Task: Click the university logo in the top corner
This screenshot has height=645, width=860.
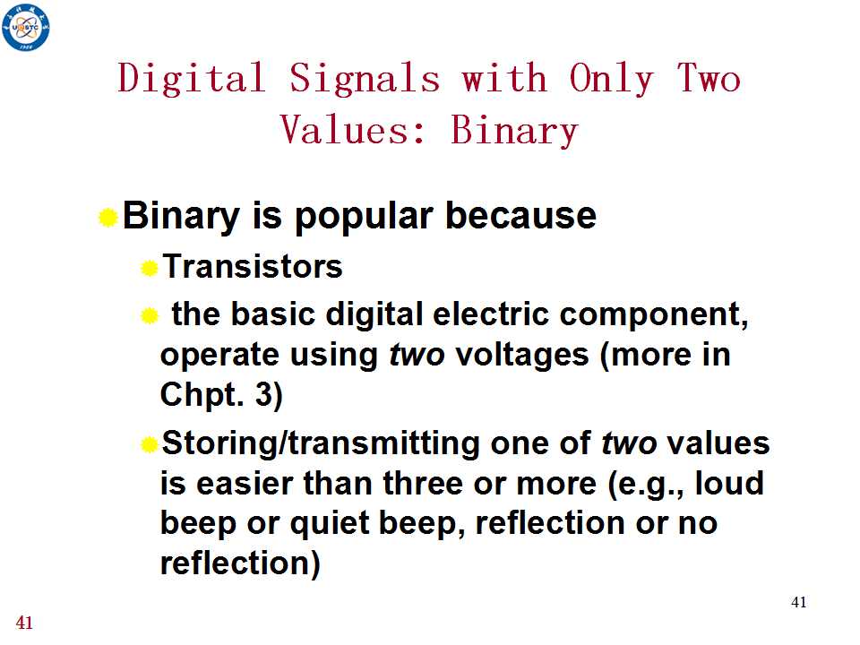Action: point(26,27)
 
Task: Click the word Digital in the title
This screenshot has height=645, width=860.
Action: point(192,79)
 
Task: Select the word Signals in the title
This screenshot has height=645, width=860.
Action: point(365,79)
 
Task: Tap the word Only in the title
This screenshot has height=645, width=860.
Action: point(611,79)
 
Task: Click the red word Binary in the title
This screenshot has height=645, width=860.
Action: point(514,131)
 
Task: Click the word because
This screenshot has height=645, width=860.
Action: point(520,215)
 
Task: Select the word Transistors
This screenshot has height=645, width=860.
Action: point(253,267)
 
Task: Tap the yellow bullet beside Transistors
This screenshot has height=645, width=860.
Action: point(150,268)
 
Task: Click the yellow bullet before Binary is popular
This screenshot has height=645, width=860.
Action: point(108,217)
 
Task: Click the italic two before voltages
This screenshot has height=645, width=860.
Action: point(417,355)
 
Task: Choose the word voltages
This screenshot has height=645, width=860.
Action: point(522,356)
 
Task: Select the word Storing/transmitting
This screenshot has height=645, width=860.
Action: point(321,443)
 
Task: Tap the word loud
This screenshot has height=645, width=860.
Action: point(729,483)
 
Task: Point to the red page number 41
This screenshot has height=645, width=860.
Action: point(24,623)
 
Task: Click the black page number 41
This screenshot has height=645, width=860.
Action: point(798,602)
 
